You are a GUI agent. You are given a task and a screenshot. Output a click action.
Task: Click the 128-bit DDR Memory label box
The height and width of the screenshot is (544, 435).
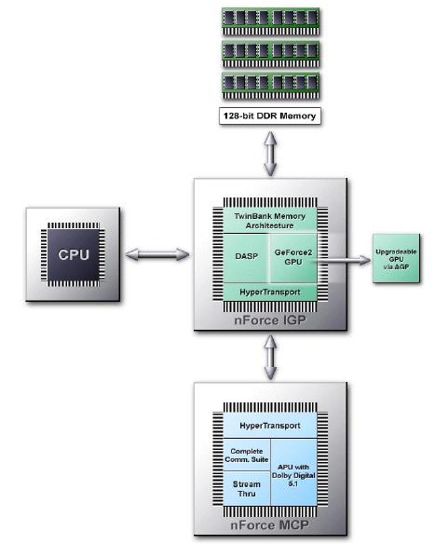point(270,116)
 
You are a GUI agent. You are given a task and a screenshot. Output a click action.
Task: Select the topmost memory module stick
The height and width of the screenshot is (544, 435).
point(270,22)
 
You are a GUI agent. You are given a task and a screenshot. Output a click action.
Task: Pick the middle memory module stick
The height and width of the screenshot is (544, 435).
point(270,54)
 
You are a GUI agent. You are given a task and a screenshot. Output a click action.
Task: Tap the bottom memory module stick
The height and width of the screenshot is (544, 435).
point(270,86)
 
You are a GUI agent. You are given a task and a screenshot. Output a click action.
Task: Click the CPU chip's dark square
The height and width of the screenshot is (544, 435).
point(74,254)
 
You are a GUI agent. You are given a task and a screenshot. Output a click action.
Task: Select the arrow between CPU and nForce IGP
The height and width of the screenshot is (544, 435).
point(157,254)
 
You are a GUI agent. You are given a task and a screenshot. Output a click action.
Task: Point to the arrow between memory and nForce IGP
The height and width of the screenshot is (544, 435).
point(270,154)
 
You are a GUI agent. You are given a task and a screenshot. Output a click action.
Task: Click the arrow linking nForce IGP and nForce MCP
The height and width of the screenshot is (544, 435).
point(270,357)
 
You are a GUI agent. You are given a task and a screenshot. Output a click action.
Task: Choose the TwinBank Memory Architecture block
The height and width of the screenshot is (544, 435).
point(270,221)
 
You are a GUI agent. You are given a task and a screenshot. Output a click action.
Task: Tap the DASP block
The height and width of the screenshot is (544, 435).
point(246,258)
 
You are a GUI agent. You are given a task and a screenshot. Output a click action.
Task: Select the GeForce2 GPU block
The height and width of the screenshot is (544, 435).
point(293,258)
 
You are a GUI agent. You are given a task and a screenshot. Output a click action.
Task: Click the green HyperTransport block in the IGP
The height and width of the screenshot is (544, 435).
point(270,292)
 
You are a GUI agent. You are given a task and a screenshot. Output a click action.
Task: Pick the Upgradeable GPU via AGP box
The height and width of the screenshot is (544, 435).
point(396,259)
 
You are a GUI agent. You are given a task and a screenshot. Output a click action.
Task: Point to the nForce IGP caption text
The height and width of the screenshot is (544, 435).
point(270,320)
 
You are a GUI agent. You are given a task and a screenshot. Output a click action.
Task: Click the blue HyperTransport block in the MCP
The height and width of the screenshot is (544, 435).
point(270,426)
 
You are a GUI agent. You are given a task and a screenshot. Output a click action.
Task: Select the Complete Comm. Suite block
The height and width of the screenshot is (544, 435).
point(246,455)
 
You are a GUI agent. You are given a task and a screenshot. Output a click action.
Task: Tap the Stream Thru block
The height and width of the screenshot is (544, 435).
point(246,488)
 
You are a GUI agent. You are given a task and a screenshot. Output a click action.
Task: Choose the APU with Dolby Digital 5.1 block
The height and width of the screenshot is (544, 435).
point(293,472)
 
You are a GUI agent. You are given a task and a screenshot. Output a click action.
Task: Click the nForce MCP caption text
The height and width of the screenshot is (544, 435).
point(269,525)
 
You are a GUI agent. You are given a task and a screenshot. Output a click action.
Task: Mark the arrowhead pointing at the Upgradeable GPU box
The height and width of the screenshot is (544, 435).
point(365,260)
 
